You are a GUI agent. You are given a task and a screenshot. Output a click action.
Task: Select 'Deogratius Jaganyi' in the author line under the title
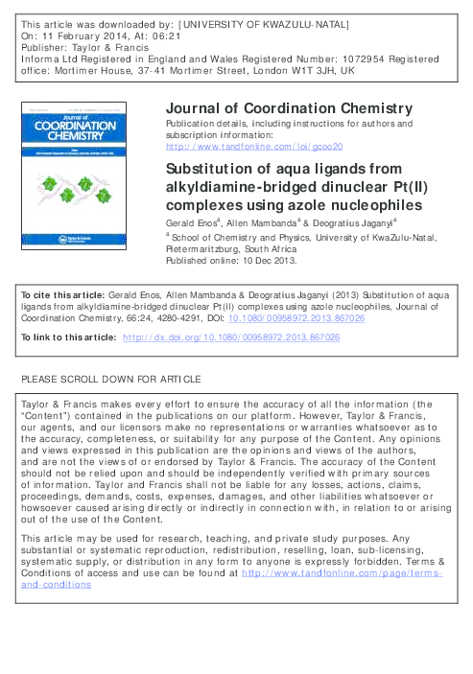coord(332,222)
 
